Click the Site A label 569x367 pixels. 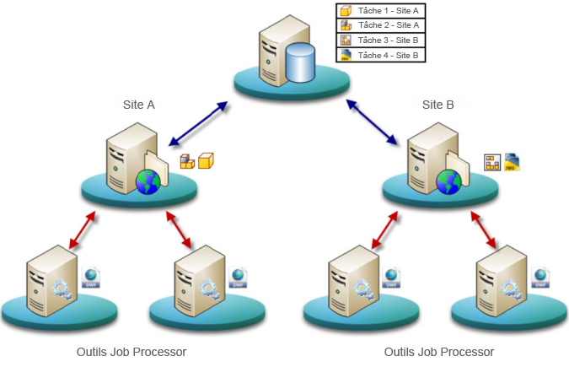[x=139, y=105]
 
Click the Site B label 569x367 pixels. [x=437, y=105]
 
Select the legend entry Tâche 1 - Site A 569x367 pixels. [x=387, y=11]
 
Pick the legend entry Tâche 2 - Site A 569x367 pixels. [x=387, y=25]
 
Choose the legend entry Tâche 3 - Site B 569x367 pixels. [x=387, y=40]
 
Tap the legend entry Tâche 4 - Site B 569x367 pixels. [x=387, y=55]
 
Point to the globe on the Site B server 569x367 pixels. [x=448, y=181]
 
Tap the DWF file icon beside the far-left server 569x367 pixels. [x=91, y=278]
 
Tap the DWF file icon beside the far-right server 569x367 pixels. [x=540, y=278]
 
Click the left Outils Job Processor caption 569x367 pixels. [x=131, y=352]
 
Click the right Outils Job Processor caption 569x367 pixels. [x=438, y=352]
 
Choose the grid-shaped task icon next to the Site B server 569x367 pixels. [x=491, y=161]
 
